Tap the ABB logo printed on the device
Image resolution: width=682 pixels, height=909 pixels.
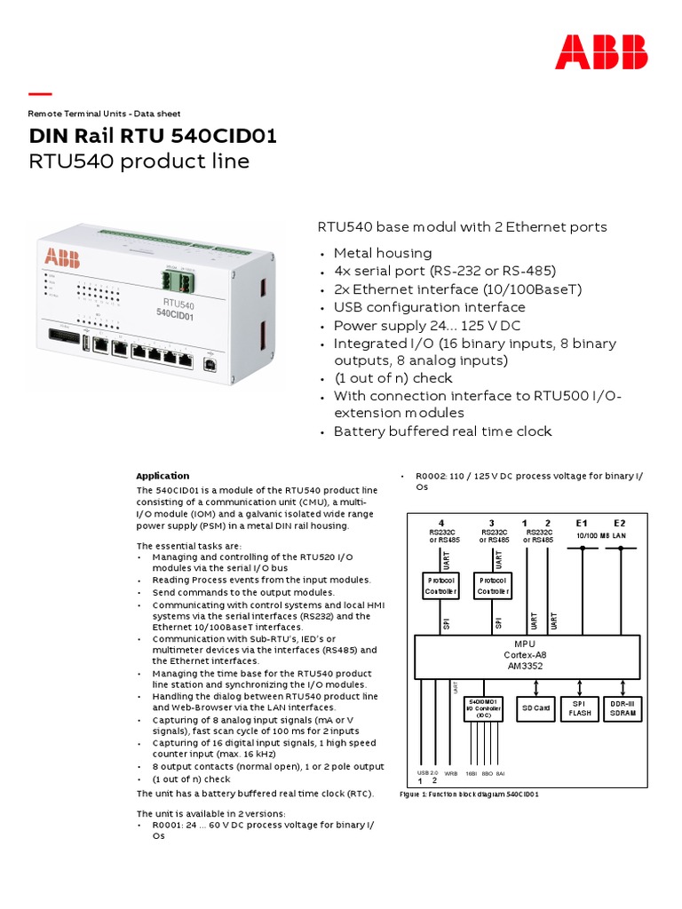point(62,258)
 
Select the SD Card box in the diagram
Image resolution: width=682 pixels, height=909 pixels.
point(535,708)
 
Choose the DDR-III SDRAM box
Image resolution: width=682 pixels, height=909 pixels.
point(622,708)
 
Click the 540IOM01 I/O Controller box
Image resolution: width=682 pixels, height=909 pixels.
point(484,707)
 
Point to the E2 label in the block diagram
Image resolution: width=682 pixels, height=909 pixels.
point(620,524)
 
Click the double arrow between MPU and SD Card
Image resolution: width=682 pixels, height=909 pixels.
point(535,687)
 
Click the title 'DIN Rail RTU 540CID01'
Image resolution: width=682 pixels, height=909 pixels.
point(153,136)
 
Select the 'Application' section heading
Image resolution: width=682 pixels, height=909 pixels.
point(162,476)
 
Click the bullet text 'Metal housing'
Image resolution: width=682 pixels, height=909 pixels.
point(382,253)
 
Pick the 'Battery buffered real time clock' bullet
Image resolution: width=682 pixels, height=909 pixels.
point(442,431)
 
